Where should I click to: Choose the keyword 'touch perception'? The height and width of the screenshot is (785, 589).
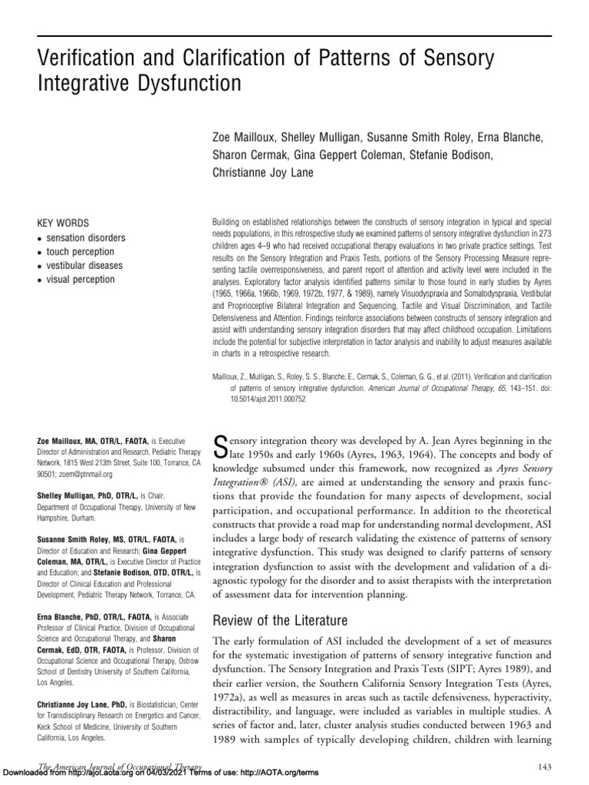coord(81,251)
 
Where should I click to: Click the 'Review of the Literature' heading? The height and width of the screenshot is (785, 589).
coord(281,619)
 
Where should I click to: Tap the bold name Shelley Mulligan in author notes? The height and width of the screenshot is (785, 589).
coord(71,496)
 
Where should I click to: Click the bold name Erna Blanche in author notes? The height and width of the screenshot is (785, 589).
coord(67,616)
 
